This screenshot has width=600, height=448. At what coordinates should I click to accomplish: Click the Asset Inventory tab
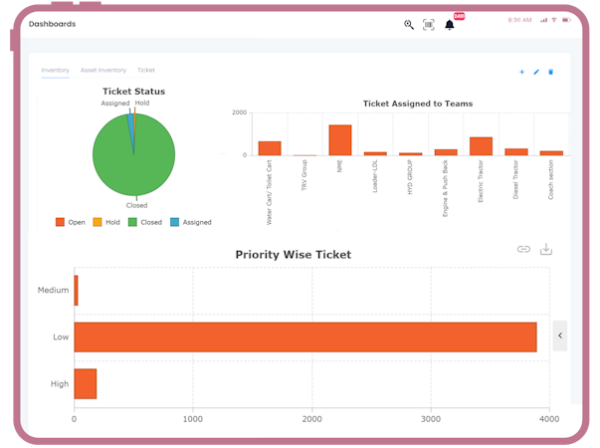103,71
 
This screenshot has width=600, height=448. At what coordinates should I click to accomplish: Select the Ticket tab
146,71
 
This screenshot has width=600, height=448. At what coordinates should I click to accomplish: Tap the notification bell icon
450,24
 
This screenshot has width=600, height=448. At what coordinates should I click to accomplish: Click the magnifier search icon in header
409,24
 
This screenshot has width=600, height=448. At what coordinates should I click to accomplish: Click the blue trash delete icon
551,72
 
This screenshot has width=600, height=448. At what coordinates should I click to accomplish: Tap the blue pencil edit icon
536,72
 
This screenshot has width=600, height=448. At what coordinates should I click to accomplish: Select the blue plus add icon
521,72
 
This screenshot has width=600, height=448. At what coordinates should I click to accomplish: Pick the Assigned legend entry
190,222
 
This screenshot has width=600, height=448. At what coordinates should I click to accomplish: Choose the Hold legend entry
105,222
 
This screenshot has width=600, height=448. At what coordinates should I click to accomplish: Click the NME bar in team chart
340,139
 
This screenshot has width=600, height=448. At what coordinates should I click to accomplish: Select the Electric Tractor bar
482,146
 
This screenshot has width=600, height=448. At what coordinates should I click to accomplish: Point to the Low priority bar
304,336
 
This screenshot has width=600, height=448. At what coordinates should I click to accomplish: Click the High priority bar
86,383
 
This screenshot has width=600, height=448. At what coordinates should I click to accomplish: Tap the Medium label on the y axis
54,291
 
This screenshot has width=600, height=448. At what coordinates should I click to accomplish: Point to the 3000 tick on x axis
431,420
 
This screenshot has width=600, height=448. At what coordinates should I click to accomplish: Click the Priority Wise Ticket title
293,255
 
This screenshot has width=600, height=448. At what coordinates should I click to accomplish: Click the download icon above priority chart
546,249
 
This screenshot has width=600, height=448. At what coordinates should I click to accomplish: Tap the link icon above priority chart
523,249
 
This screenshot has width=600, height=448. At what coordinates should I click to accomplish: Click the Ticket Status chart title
133,92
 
